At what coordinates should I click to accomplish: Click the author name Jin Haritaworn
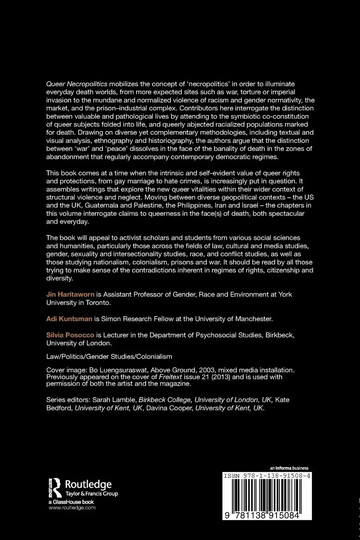click(x=70, y=294)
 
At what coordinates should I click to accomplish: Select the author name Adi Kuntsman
click(x=69, y=318)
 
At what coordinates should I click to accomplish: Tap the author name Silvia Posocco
click(x=70, y=335)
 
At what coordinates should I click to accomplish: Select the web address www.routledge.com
click(x=72, y=508)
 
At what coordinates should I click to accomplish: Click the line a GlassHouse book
click(x=71, y=502)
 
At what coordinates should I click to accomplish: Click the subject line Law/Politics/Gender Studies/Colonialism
click(x=109, y=356)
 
